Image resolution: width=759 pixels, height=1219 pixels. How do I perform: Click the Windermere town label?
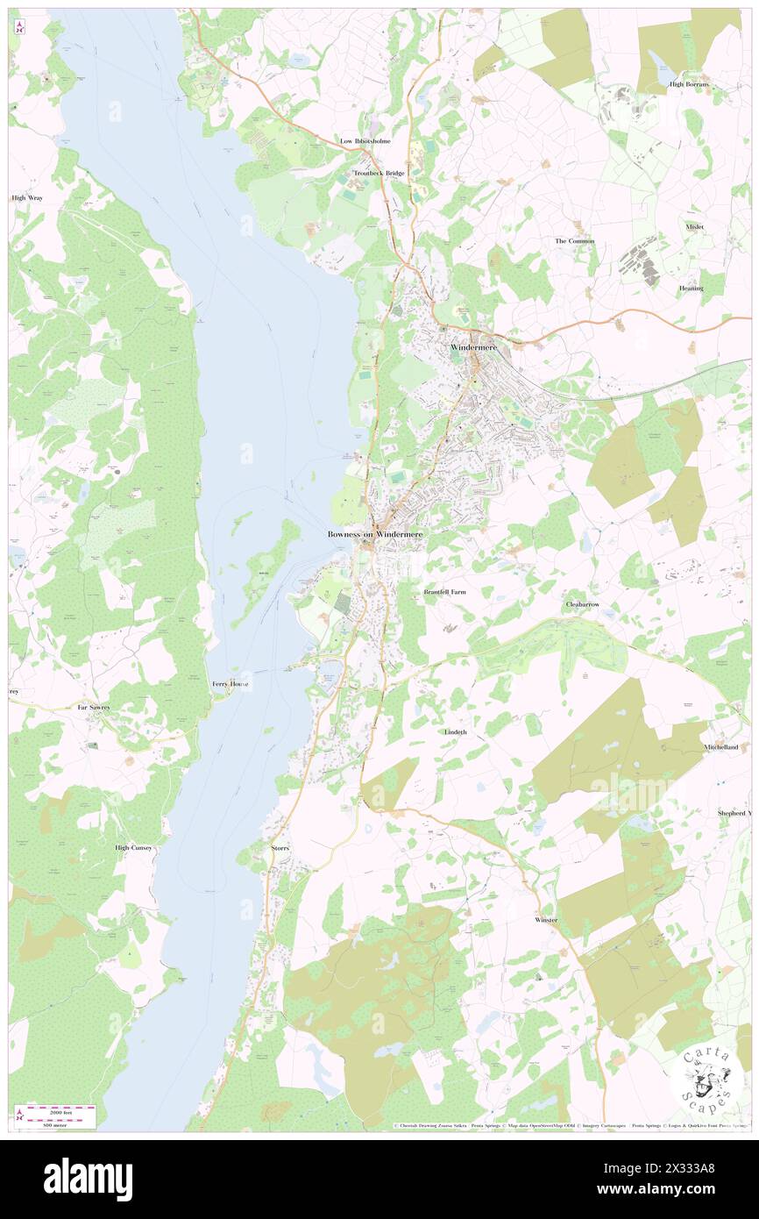point(473,348)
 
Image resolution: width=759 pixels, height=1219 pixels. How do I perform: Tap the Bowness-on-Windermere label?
point(374,534)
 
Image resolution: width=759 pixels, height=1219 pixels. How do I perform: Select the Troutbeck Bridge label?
point(379,174)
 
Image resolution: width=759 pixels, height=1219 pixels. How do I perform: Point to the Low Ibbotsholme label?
point(365,141)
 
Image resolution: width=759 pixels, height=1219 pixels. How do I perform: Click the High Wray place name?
point(27,198)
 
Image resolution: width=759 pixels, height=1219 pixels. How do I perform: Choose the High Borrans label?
point(689,84)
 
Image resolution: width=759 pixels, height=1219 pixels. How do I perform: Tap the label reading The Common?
point(575,241)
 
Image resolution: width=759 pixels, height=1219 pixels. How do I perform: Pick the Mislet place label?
point(695,227)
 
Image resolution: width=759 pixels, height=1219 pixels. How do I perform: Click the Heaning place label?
point(691,289)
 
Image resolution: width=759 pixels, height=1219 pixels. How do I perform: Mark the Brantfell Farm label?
point(445,592)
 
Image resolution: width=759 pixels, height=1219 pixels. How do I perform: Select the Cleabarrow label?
point(582,605)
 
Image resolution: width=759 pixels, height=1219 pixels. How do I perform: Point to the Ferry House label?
point(231,684)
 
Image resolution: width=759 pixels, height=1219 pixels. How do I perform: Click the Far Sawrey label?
point(94,707)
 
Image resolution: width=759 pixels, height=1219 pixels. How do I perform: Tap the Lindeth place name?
point(456,731)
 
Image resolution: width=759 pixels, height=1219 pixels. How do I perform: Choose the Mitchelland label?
point(720,747)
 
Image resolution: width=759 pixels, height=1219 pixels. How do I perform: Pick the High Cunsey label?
point(134,848)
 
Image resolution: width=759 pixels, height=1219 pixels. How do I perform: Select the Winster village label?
point(546,920)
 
